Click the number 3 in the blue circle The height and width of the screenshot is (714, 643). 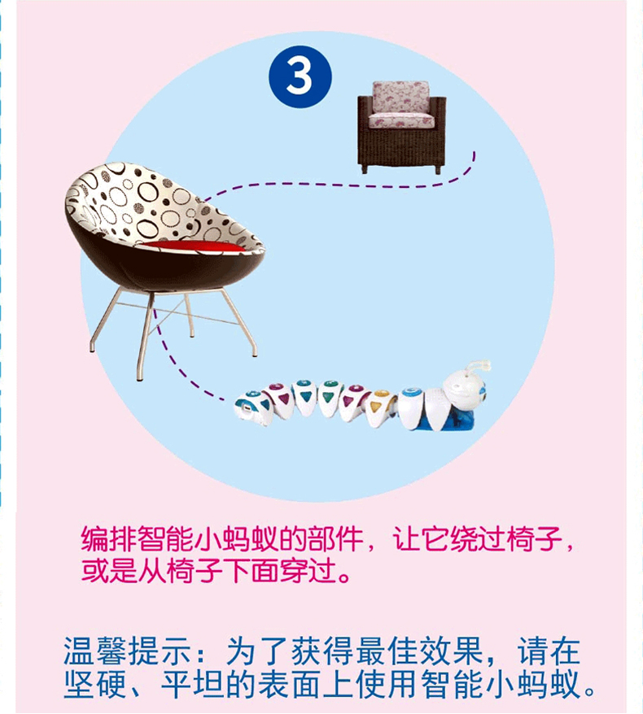point(299,76)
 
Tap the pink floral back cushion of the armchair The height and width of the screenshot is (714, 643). point(400,97)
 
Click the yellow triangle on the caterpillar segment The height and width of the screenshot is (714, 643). point(376,405)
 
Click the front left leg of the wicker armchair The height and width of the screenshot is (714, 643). point(364,168)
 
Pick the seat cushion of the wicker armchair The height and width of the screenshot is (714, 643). point(401,121)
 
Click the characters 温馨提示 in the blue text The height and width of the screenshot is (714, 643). point(126,651)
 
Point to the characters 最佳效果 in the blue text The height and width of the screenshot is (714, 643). point(419,651)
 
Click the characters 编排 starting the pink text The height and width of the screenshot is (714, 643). point(108,540)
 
